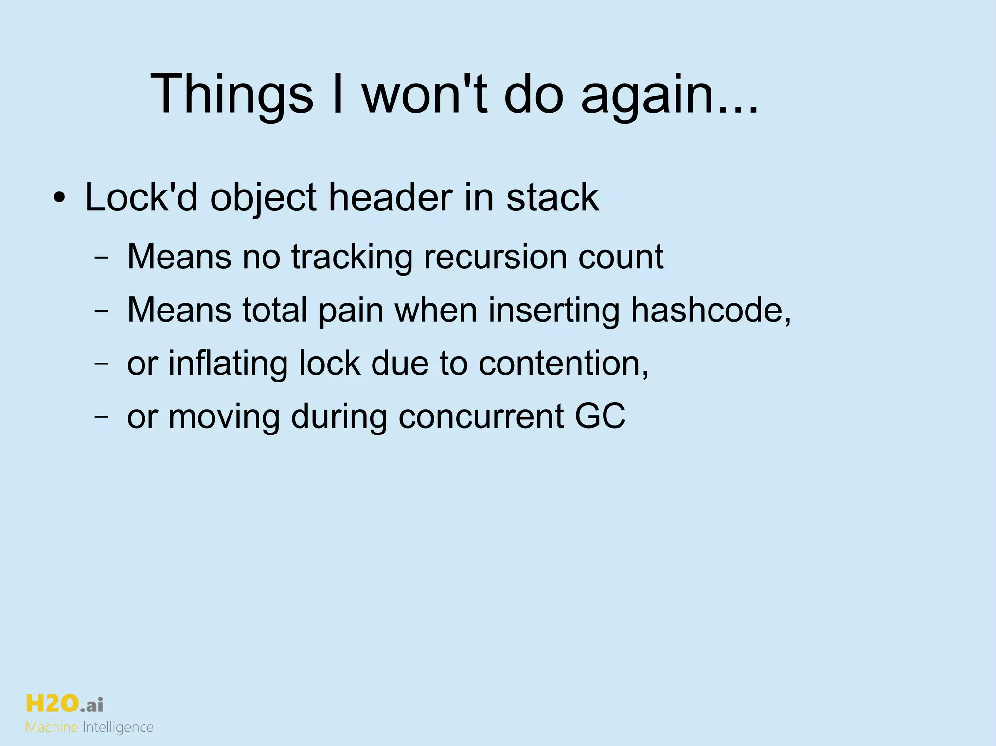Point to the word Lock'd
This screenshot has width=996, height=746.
pos(141,198)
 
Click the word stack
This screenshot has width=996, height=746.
pos(552,198)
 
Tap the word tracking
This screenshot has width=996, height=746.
pos(352,257)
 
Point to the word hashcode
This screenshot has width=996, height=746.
pos(707,311)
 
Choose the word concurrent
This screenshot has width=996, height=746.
pos(480,416)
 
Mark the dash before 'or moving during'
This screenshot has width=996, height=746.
pos(101,417)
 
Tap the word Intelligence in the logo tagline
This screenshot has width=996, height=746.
pos(118,728)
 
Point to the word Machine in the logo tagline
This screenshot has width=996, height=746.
pos(52,728)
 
